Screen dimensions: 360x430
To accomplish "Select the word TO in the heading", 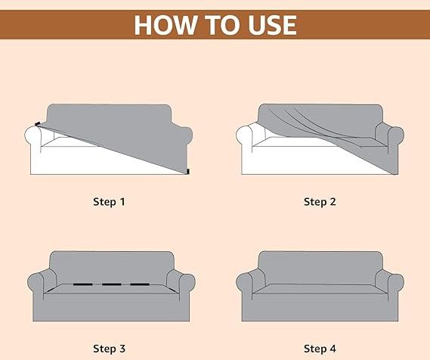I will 217,24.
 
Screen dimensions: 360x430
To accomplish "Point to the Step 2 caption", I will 320,202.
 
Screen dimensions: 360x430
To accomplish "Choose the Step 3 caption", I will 110,349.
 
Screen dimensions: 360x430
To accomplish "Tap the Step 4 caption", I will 320,349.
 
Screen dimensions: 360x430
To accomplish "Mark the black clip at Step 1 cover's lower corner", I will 185,173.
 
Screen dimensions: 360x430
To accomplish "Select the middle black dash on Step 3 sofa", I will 110,285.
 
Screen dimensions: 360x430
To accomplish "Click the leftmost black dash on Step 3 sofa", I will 82,285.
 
